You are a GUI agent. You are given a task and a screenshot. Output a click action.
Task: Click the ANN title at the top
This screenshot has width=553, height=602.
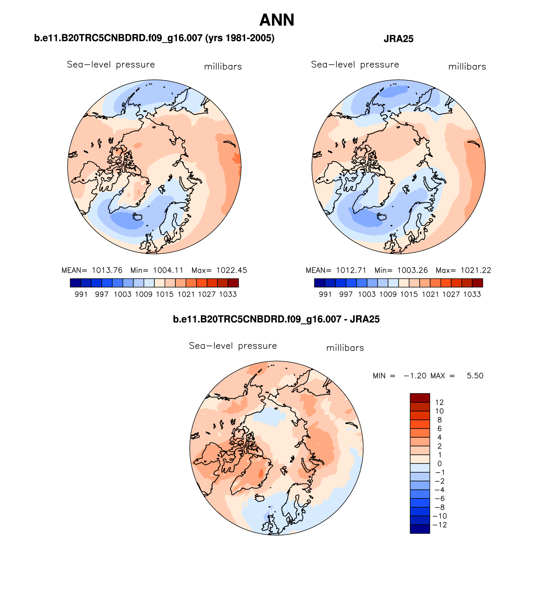coord(277,20)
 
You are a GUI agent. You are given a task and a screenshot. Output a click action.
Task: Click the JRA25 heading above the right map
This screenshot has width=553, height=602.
coord(398,39)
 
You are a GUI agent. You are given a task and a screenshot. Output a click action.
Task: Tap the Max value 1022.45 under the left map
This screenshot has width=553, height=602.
coord(232,270)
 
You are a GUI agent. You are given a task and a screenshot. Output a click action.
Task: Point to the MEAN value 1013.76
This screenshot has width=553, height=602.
coord(107,270)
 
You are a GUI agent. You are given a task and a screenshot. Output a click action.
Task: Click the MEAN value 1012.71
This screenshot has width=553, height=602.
coord(351,270)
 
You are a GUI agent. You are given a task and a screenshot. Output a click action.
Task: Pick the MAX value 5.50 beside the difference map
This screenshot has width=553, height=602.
coord(475,376)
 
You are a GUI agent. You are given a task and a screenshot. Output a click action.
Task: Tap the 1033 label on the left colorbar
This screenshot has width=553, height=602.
coord(228,294)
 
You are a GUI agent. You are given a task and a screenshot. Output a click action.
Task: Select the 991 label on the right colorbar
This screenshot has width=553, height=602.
coord(325,294)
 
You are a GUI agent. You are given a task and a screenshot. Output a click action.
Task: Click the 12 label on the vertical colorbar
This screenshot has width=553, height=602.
coord(439,402)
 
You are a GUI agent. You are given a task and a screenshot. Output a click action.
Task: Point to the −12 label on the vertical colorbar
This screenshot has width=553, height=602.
coord(439,525)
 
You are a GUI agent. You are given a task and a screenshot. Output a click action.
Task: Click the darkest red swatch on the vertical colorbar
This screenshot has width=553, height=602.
coord(420,398)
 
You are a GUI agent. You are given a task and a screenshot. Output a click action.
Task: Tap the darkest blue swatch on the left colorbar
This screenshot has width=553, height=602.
coord(75,283)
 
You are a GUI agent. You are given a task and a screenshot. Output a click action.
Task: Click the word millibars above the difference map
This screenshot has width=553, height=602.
coord(345,348)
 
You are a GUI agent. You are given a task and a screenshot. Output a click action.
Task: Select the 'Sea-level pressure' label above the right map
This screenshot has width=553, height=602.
coord(355,65)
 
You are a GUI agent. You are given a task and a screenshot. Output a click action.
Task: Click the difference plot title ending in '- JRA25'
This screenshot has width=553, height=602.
coord(276,320)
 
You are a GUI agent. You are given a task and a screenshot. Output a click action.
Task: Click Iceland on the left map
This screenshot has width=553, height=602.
coord(138,216)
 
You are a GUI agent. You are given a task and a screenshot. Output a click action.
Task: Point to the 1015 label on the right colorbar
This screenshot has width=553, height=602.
coord(409,294)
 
